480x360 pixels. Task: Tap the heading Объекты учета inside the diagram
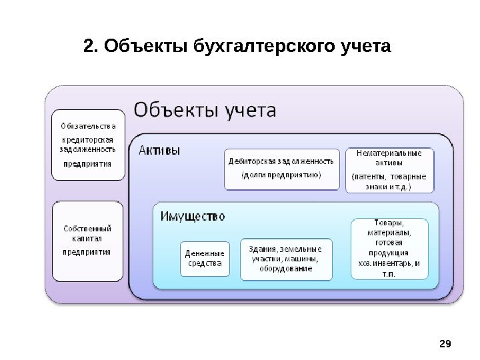click(205, 109)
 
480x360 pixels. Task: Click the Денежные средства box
click(205, 259)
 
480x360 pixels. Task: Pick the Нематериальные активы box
click(389, 170)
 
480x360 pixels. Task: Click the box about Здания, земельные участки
click(285, 259)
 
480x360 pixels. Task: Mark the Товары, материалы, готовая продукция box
click(389, 247)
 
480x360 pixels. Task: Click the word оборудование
click(286, 269)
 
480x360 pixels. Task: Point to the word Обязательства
click(88, 126)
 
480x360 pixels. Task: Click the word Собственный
click(87, 229)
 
